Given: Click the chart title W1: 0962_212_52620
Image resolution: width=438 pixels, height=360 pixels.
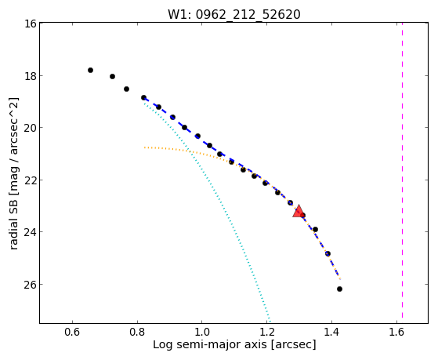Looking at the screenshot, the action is (x=234, y=14).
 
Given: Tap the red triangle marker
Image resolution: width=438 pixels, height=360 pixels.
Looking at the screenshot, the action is (x=299, y=212).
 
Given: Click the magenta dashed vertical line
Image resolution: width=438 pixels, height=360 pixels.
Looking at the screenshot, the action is (x=402, y=170).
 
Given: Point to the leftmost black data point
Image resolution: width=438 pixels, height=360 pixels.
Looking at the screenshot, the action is (x=90, y=70).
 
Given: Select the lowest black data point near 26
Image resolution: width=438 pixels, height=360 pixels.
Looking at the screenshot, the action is (x=339, y=289).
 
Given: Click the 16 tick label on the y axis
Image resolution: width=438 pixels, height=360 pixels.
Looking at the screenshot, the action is (x=31, y=24).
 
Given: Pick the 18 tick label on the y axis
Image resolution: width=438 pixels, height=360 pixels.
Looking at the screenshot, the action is (x=31, y=76).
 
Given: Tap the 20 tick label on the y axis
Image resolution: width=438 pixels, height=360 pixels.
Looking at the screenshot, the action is (x=31, y=128).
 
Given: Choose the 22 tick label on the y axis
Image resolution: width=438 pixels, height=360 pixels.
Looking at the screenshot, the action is (x=31, y=180).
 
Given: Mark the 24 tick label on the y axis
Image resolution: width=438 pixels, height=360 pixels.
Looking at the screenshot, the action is (x=31, y=232).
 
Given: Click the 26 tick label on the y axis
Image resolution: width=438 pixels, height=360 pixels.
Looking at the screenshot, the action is (x=31, y=285).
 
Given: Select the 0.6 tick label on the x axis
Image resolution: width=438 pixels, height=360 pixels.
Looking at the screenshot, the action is (x=72, y=332).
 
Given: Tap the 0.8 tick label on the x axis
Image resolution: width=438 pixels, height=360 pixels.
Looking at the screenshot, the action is (x=137, y=332).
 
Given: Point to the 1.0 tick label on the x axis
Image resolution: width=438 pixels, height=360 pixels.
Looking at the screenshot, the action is (x=201, y=332).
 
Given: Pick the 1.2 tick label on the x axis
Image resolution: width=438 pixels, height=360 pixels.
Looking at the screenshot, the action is (x=266, y=332).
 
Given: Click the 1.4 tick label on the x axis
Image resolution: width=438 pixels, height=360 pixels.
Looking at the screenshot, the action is (x=331, y=332).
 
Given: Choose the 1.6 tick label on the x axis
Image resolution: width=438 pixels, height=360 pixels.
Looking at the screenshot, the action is (x=396, y=332).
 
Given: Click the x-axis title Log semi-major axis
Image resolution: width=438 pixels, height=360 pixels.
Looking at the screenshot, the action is (x=210, y=344).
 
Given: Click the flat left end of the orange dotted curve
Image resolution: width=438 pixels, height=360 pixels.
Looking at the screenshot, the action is (x=145, y=147).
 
